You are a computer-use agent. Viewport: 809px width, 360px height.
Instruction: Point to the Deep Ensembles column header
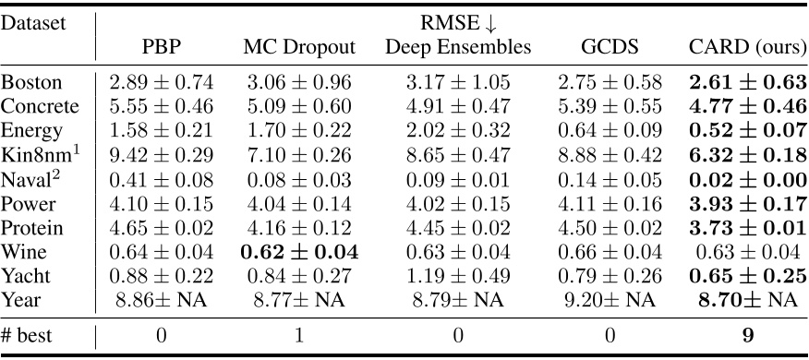coord(457,46)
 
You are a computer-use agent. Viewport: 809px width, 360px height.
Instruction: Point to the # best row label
coord(30,334)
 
